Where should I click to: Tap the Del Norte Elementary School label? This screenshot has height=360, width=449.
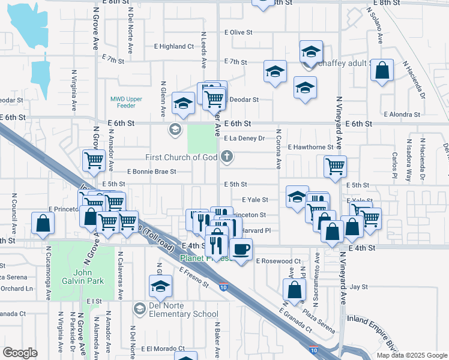[180, 314]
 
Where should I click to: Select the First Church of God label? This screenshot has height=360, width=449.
[181, 157]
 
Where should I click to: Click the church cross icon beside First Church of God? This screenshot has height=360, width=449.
[226, 157]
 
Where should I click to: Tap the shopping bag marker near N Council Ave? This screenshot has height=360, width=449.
[43, 223]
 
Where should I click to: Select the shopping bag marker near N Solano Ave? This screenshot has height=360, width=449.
[382, 70]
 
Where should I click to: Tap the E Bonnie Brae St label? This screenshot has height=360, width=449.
[152, 172]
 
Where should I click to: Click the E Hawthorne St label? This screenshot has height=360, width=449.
[310, 147]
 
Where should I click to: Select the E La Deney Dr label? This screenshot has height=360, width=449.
[244, 138]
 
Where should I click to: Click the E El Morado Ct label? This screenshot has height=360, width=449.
[163, 349]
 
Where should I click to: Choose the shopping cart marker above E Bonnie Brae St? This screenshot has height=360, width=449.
[95, 161]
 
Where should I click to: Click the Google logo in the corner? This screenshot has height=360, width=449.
[20, 353]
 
